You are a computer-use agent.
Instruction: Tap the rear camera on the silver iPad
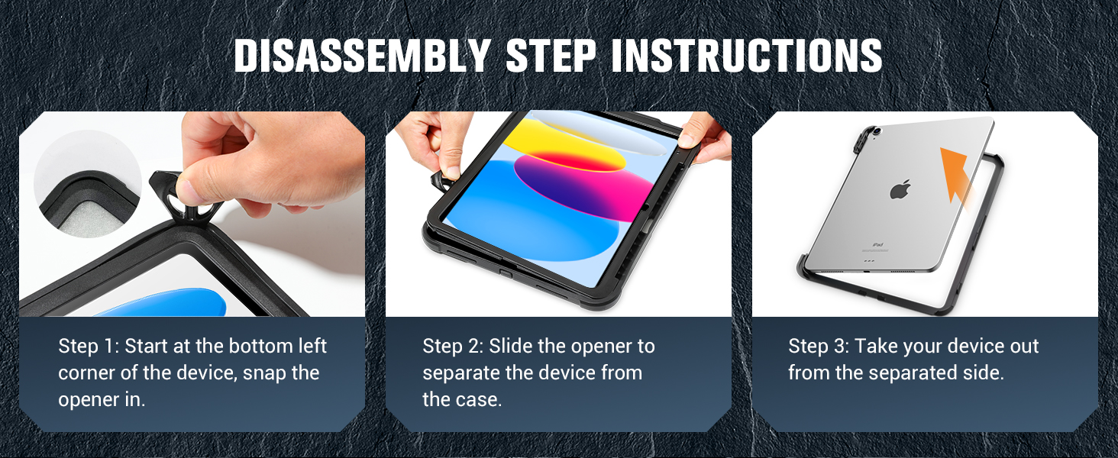[877, 131]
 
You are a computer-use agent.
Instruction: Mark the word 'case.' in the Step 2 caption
[482, 399]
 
